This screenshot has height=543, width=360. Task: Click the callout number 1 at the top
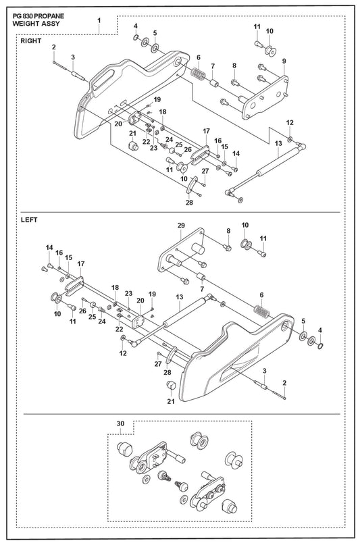point(99,20)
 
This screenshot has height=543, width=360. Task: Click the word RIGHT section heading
point(31,41)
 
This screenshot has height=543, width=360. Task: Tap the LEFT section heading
point(29,219)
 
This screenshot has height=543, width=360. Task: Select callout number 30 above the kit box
point(120,423)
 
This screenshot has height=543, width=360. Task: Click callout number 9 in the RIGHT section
point(284,61)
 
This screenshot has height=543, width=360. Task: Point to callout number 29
point(181,226)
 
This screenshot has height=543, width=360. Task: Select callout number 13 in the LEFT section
point(179,297)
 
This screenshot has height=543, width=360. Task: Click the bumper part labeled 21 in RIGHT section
point(132,145)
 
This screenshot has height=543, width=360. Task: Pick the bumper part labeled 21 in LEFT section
point(171,385)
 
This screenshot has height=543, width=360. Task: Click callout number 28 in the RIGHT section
point(189,203)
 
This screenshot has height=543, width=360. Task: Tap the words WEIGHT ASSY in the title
point(36,24)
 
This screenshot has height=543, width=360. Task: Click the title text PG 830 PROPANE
point(38,16)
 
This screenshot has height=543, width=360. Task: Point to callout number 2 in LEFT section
point(284,383)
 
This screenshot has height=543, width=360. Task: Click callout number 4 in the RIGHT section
point(136,26)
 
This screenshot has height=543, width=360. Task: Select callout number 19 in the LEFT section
point(152,294)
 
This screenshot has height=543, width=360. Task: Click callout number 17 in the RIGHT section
point(207,131)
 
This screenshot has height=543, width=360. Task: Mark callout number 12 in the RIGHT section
point(290,123)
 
